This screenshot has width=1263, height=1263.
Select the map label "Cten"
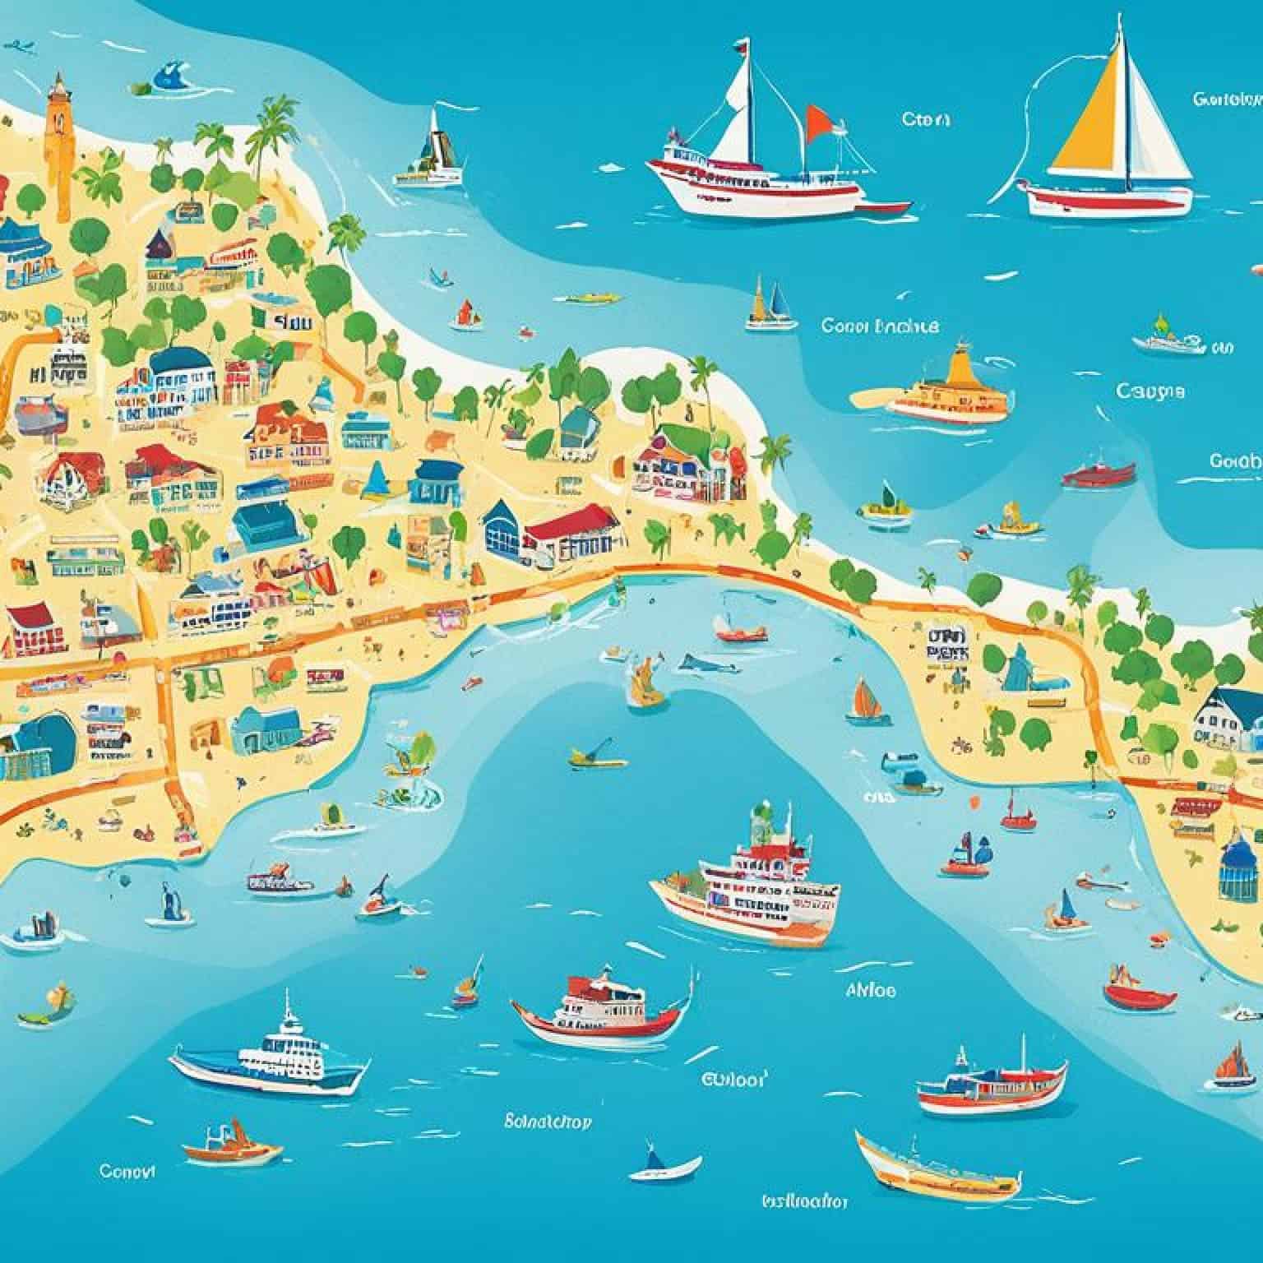926,119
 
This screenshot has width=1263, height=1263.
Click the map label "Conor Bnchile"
878,326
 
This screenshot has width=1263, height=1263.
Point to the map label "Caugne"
1150,391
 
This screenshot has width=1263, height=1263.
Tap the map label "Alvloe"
871,990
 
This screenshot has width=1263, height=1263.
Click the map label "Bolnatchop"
547,1121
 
